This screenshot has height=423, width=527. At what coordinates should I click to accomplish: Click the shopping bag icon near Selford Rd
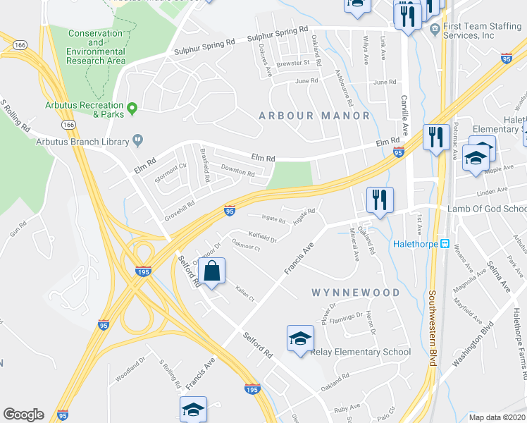[x=212, y=269]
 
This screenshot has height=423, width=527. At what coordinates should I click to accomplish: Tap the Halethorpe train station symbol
[x=445, y=244]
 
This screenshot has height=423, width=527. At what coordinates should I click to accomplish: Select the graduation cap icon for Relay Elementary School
[x=300, y=339]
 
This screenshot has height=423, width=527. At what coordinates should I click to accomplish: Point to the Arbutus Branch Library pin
[x=138, y=141]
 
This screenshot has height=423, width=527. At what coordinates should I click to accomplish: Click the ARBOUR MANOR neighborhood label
[x=314, y=116]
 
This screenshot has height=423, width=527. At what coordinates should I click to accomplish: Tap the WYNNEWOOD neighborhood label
[x=356, y=292]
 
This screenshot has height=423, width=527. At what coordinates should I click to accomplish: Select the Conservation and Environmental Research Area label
[x=96, y=47]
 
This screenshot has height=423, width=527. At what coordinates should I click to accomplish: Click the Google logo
[x=23, y=415]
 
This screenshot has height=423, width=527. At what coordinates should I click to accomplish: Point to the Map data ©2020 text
[x=497, y=417]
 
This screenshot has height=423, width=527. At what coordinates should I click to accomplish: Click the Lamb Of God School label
[x=487, y=209]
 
